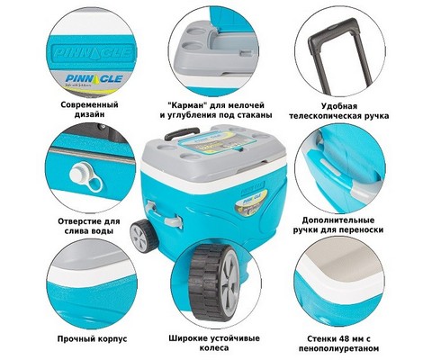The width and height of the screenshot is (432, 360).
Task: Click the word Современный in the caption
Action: click(89, 105)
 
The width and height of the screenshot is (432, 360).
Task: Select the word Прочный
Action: click(76, 339)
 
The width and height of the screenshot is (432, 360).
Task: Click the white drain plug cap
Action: click(78, 173)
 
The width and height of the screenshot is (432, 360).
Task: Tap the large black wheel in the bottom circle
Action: click(213, 283)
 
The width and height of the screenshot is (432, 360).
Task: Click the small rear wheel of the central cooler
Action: click(144, 236)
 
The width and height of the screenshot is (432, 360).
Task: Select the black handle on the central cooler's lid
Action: click(182, 133)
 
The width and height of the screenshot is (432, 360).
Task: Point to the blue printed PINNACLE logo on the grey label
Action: click(94, 78)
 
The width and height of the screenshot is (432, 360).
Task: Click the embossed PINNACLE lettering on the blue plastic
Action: click(93, 53)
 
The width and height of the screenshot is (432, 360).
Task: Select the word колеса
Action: click(214, 348)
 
